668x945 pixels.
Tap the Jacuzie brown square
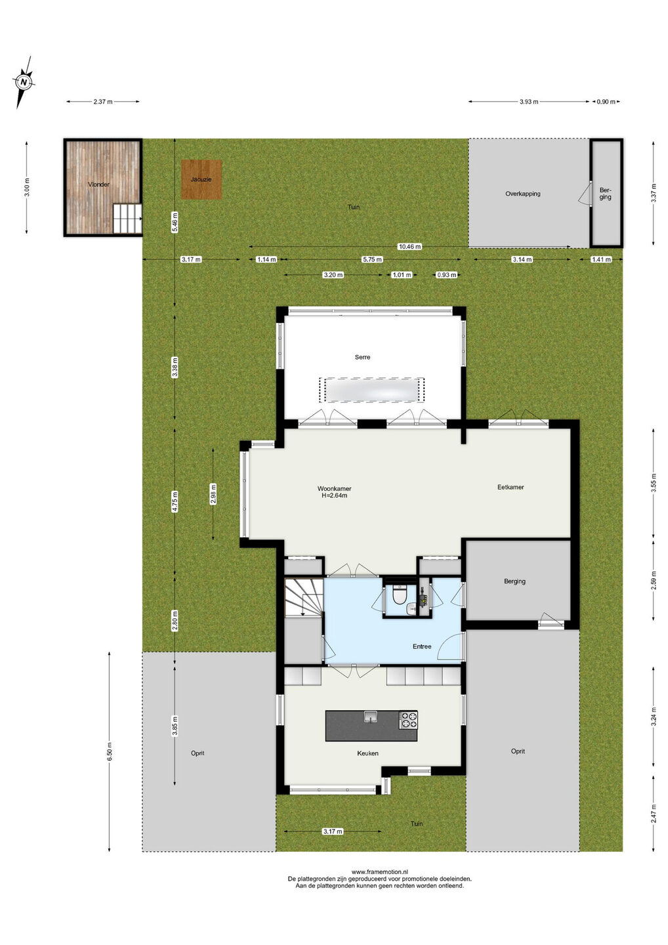pos(201,179)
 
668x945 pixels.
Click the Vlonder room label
pos(98,184)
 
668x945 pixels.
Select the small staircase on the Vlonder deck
pos(127,219)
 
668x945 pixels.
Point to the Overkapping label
pos(523,194)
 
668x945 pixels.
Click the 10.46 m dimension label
pos(409,246)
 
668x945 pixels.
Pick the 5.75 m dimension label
pos(372,259)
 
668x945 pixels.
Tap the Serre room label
pos(362,357)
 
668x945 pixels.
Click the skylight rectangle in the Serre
pos(371,390)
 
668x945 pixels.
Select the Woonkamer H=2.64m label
pos(335,492)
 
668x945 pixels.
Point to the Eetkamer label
pos(511,487)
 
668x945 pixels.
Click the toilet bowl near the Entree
pos(399,596)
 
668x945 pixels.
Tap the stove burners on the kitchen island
pos(408,719)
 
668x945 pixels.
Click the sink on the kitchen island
pos(371,717)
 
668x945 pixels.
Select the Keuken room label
pos(367,753)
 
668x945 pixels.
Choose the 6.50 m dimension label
pos(110,752)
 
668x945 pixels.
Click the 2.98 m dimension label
pos(213,493)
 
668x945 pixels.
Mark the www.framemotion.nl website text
pos(379,871)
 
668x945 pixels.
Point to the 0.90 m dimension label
pos(606,102)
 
